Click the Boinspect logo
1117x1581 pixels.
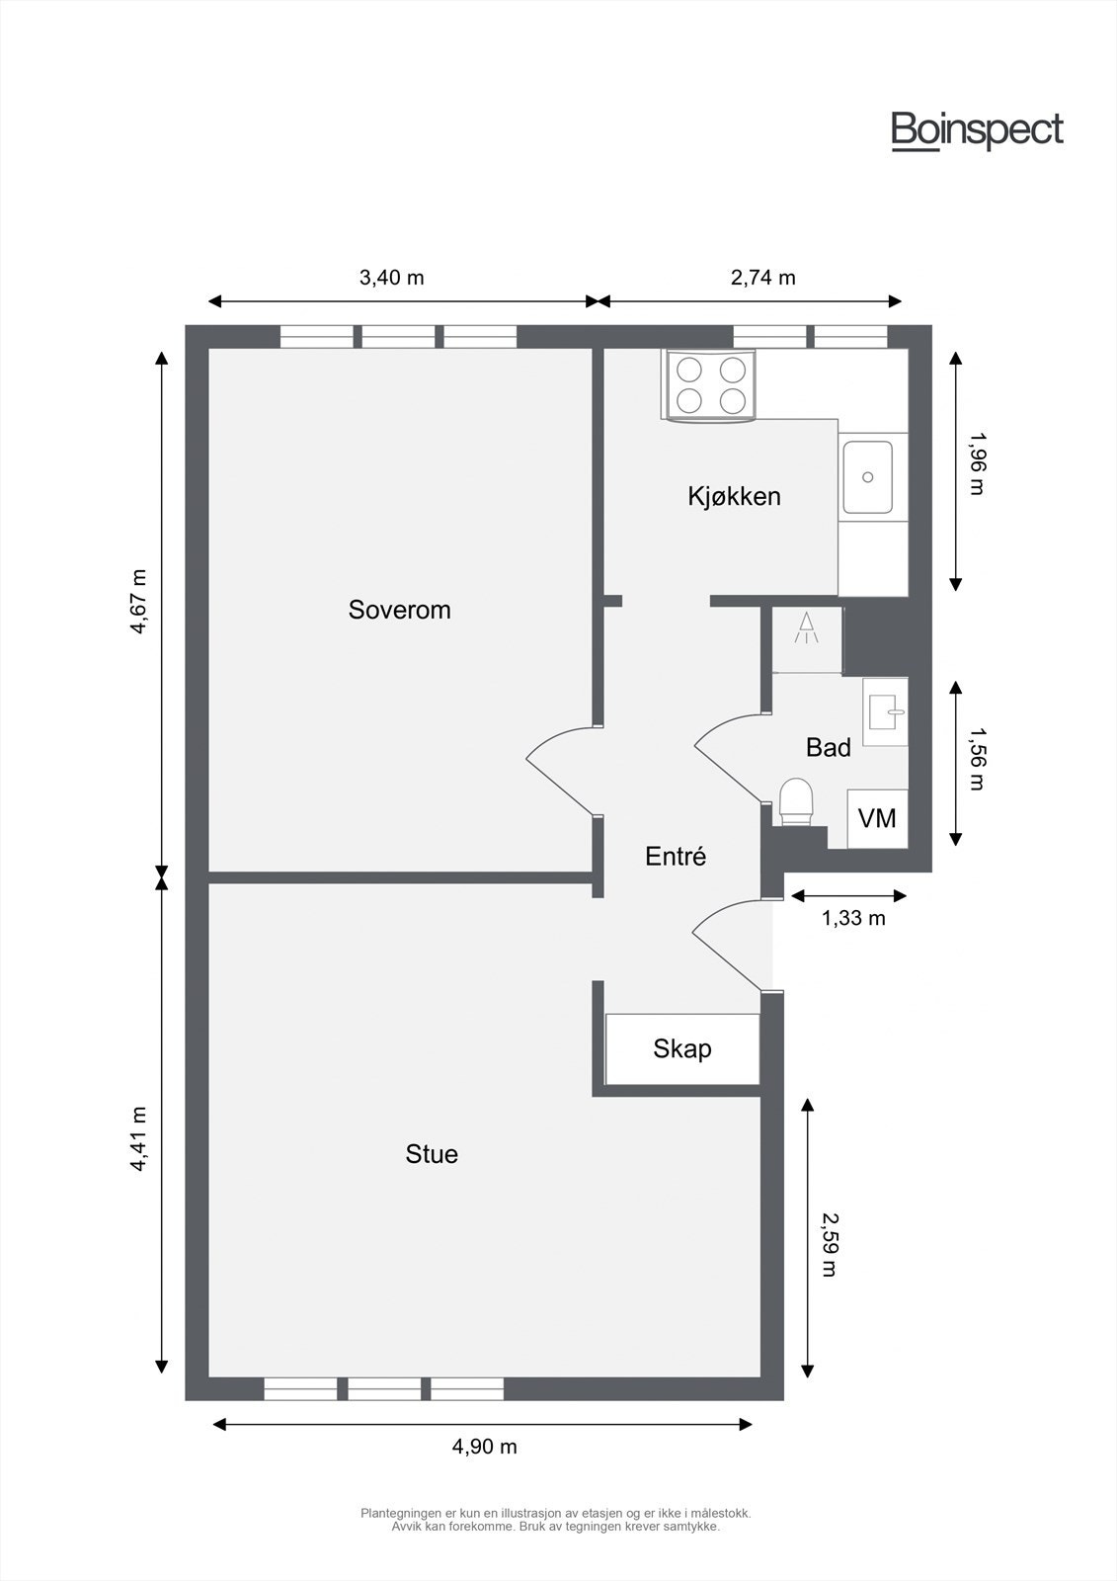(977, 130)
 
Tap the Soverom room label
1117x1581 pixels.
(399, 610)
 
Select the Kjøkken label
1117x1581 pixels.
(734, 496)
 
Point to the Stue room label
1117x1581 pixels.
(432, 1154)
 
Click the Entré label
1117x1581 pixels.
(676, 857)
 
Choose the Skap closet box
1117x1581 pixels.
(682, 1048)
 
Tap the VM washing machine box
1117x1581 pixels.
(877, 818)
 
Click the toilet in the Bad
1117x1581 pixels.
(796, 800)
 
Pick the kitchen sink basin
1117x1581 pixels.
(867, 477)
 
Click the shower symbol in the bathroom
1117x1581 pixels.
(807, 627)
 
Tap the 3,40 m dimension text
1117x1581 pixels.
(391, 278)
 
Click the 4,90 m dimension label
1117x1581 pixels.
(484, 1447)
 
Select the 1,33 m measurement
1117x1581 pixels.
(853, 918)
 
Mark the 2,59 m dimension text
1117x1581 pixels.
(828, 1245)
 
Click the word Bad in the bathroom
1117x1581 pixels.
(828, 748)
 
